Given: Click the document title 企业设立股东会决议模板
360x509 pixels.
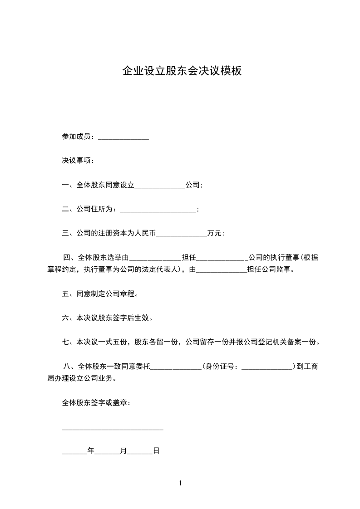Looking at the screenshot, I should (182, 71).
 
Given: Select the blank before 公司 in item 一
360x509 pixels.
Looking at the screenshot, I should (160, 186).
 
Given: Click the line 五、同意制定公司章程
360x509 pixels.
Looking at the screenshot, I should (100, 294).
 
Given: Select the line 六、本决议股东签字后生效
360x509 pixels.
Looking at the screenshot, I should (107, 318).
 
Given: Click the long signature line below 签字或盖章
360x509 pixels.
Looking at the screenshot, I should (112, 429).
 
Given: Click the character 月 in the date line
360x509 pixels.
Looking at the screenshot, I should (123, 451).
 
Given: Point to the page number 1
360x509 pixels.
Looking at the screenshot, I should (180, 483).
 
